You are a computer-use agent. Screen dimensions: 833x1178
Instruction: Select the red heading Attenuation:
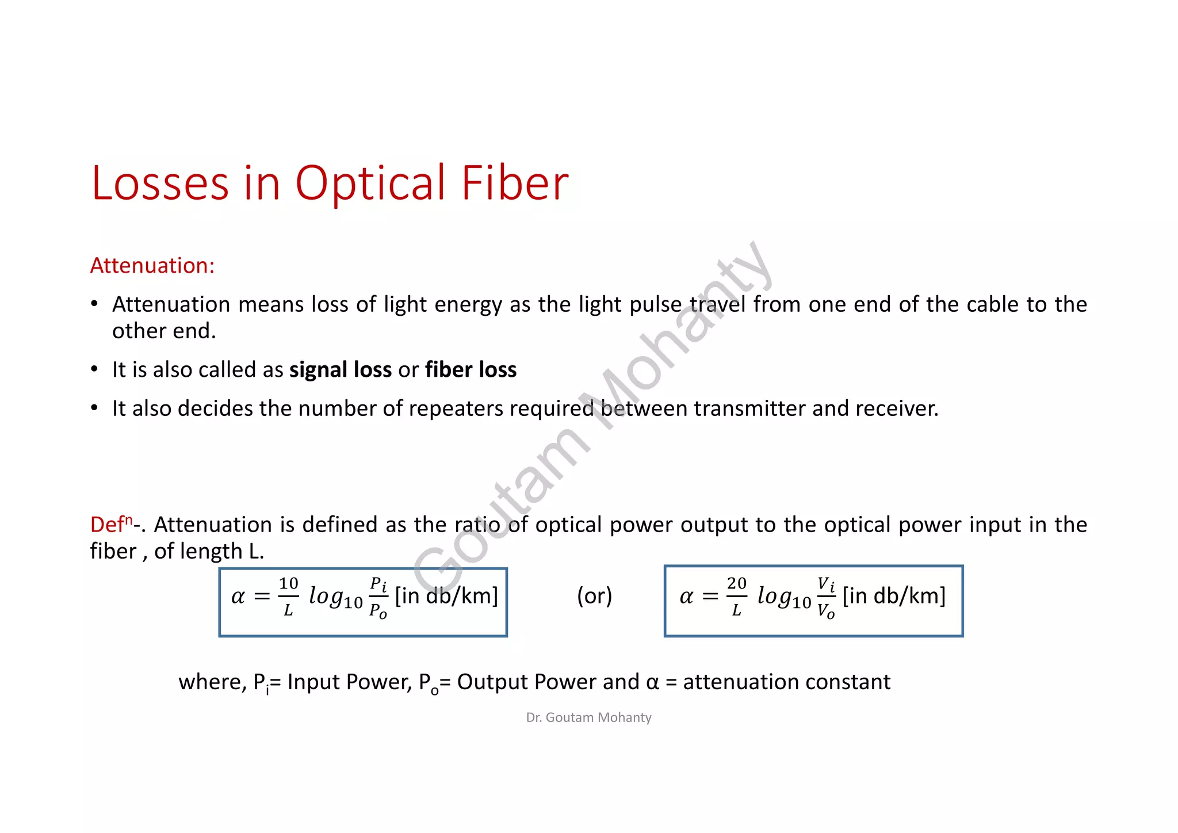pyautogui.click(x=152, y=266)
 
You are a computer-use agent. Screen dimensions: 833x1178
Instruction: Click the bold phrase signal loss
pyautogui.click(x=340, y=370)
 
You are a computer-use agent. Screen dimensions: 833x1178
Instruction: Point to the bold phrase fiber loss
pyautogui.click(x=471, y=370)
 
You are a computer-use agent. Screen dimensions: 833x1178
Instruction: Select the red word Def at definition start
pyautogui.click(x=107, y=525)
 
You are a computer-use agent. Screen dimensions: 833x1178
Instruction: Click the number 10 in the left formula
pyautogui.click(x=288, y=584)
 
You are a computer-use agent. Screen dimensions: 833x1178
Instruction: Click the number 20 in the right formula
pyautogui.click(x=736, y=584)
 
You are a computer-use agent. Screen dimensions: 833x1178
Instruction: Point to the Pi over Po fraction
pyautogui.click(x=378, y=597)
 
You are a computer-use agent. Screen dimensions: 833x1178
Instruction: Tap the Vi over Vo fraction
pyautogui.click(x=826, y=597)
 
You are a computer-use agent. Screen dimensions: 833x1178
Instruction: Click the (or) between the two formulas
pyautogui.click(x=594, y=596)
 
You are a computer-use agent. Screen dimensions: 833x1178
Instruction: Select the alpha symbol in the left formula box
pyautogui.click(x=238, y=597)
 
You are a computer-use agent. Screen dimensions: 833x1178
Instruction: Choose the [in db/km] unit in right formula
pyautogui.click(x=894, y=596)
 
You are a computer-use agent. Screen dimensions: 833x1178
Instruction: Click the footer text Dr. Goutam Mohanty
pyautogui.click(x=588, y=717)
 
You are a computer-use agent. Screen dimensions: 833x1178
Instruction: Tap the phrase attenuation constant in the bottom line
pyautogui.click(x=786, y=682)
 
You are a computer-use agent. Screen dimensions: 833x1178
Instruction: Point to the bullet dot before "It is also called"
pyautogui.click(x=94, y=369)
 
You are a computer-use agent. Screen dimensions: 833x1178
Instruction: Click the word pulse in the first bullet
pyautogui.click(x=655, y=305)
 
